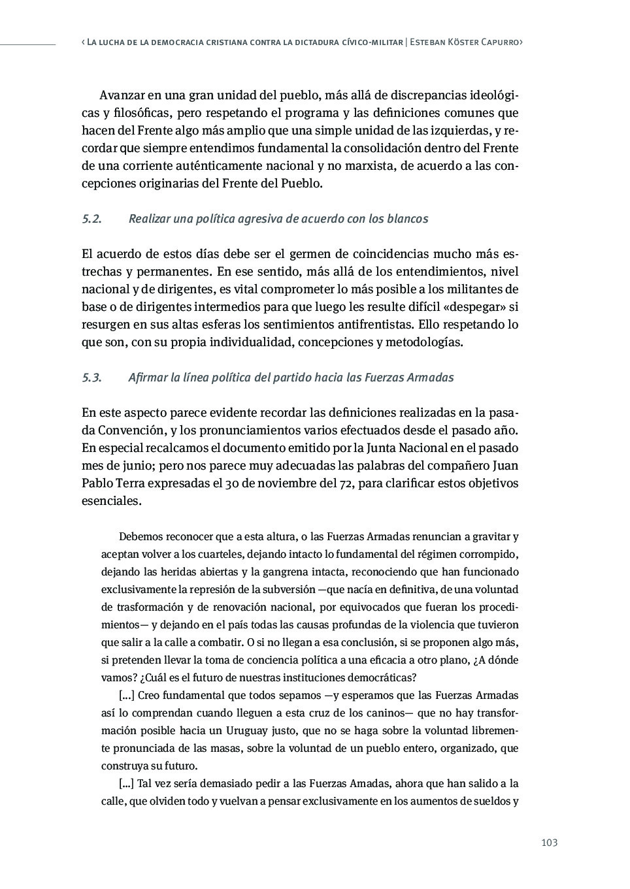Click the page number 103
[550, 843]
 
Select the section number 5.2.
[91, 219]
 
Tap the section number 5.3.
[91, 378]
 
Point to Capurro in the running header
[499, 42]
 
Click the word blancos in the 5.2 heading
[406, 219]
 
